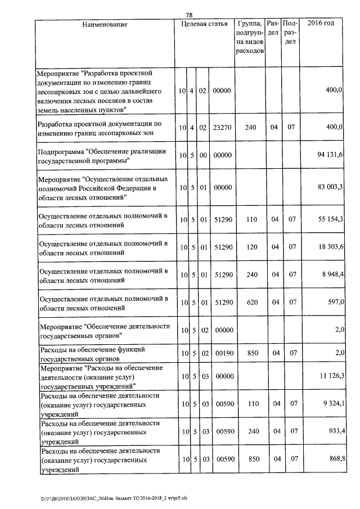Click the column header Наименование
(105, 24)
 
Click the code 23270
(223, 127)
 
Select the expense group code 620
(251, 302)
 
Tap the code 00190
(223, 353)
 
